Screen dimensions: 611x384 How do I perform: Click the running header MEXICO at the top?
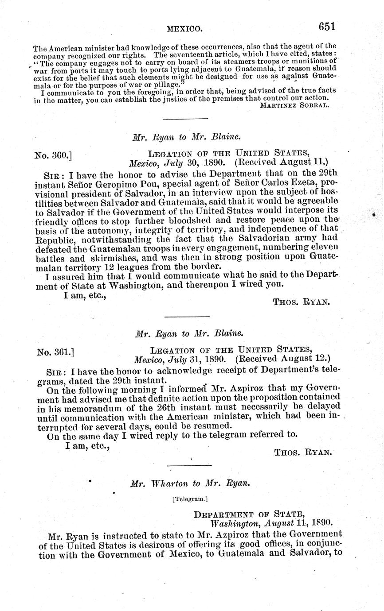point(184,29)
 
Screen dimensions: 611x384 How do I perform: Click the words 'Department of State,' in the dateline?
point(250,514)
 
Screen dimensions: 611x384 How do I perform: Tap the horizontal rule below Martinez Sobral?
point(185,119)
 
